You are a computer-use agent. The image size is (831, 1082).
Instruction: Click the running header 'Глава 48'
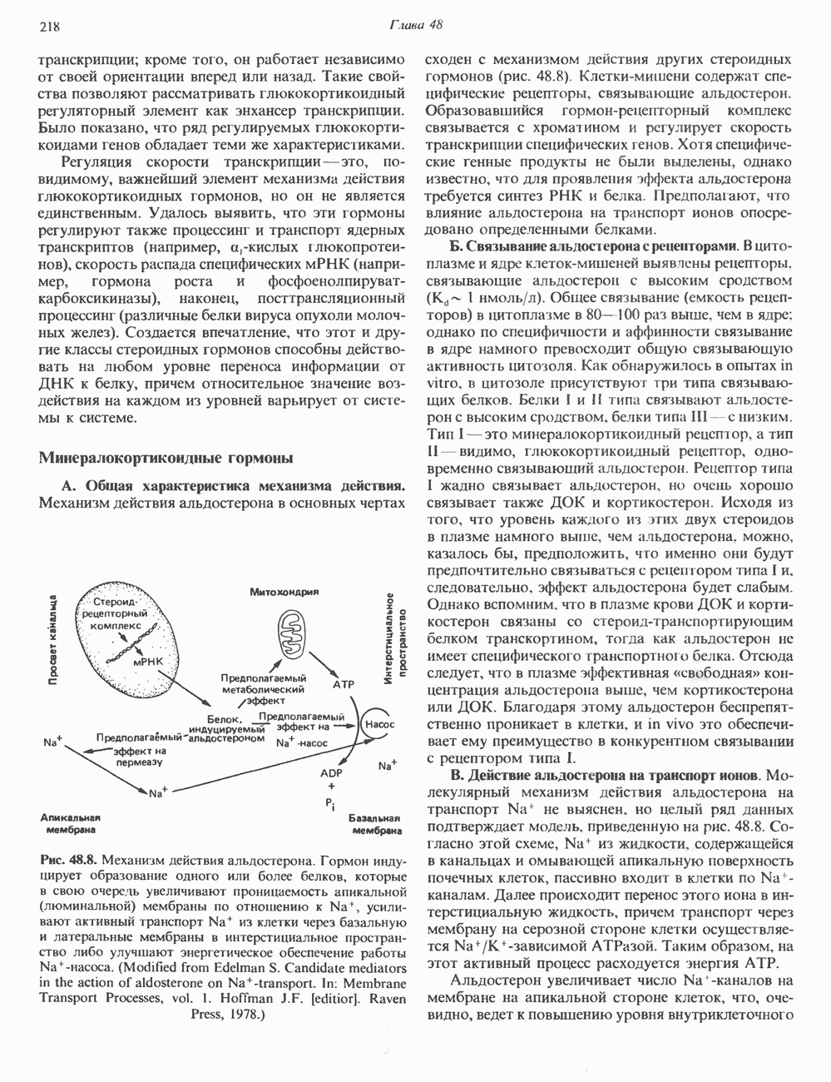pyautogui.click(x=415, y=25)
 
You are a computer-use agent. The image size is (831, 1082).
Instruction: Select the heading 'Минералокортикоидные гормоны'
pyautogui.click(x=166, y=457)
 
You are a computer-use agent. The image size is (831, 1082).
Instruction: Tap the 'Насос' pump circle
pyautogui.click(x=379, y=724)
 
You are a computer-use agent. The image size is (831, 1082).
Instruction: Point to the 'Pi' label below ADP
pyautogui.click(x=330, y=805)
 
